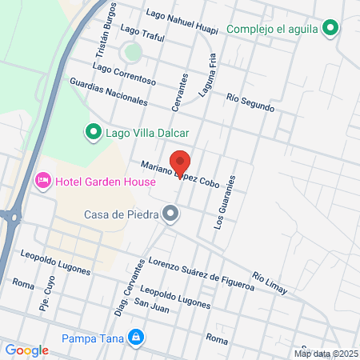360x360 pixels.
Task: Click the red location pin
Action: pos(181,163)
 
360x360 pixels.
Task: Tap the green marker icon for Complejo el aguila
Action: pos(330,29)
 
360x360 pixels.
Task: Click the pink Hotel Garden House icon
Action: pos(43,182)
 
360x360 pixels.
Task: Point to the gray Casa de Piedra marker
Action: pos(170,214)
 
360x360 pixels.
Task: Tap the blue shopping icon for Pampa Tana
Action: pos(137,336)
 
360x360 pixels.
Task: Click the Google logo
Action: pos(26,350)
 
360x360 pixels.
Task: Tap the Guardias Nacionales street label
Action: pos(109,92)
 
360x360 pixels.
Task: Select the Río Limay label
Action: pos(268,280)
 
